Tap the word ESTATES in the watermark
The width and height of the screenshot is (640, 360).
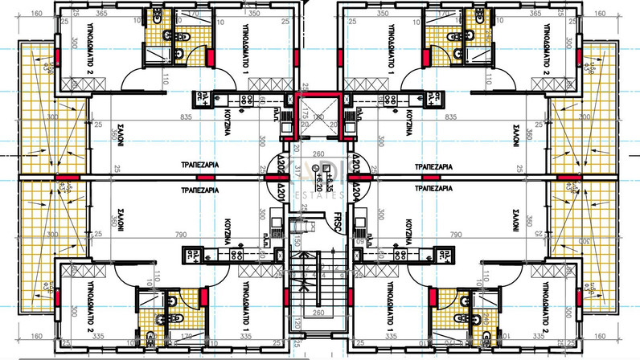(320, 194)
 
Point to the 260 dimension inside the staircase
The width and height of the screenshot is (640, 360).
(320, 313)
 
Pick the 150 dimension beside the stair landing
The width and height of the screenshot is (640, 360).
(296, 242)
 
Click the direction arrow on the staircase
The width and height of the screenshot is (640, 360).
(320, 265)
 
